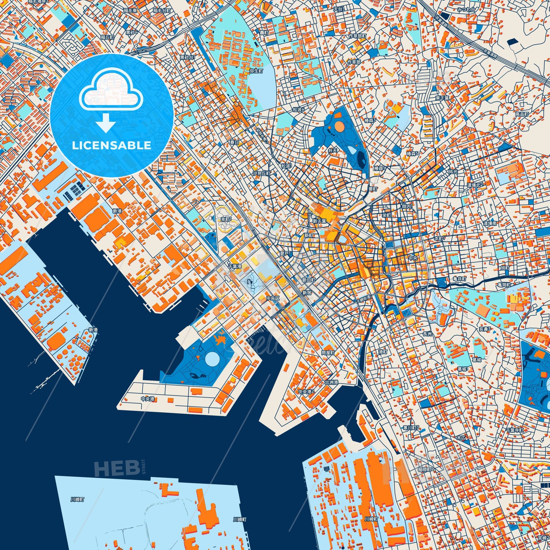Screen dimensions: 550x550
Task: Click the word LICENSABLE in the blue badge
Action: point(112,146)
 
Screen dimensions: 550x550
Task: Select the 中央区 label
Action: point(273,298)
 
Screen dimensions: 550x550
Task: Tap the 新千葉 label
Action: point(319,221)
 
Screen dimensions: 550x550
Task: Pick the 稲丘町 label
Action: point(107,37)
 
